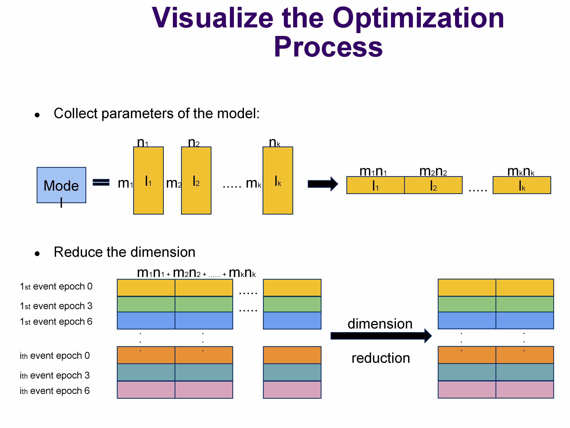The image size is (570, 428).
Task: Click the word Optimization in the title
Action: coord(418,18)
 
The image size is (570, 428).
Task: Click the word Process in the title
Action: coord(328,47)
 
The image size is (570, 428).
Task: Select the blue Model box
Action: coord(61,185)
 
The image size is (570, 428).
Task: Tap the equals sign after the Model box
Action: coord(101,182)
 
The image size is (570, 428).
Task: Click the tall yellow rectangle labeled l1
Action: coord(148,181)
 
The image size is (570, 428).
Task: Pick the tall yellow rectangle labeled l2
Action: coord(196,181)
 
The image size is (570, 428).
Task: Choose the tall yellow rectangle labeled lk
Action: coord(278,181)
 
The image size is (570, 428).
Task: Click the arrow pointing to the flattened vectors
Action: coord(323,184)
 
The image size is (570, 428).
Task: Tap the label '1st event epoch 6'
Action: coord(56,322)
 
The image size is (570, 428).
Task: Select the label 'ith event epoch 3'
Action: coord(55,375)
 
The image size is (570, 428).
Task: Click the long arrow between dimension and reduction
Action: coord(381,336)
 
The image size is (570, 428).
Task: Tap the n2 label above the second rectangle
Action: coord(194,142)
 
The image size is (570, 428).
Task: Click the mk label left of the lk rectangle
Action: coord(254,183)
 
